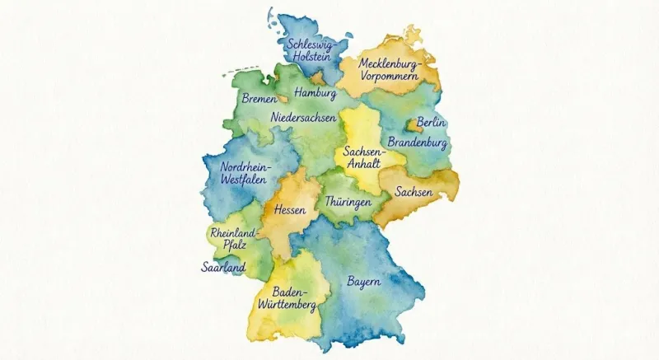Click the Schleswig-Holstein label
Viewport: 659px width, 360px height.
tap(311, 50)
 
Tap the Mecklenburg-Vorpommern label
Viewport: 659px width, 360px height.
tap(390, 69)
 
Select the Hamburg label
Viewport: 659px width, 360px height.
tap(315, 93)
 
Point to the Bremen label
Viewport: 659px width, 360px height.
tap(259, 99)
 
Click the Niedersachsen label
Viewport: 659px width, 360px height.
tap(303, 119)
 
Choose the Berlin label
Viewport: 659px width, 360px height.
tap(432, 123)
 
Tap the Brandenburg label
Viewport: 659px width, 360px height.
tap(418, 143)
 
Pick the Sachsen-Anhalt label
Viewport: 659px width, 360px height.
tap(362, 158)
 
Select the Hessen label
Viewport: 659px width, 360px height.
tap(290, 210)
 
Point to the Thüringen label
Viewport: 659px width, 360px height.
tap(348, 201)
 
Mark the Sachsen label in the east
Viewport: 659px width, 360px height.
tap(414, 192)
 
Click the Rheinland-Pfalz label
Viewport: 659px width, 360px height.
tap(234, 239)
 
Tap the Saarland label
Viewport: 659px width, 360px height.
tap(223, 268)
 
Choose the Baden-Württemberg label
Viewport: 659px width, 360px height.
tap(287, 299)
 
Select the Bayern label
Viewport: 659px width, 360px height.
tap(363, 282)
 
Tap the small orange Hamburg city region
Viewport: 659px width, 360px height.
tap(317, 80)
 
